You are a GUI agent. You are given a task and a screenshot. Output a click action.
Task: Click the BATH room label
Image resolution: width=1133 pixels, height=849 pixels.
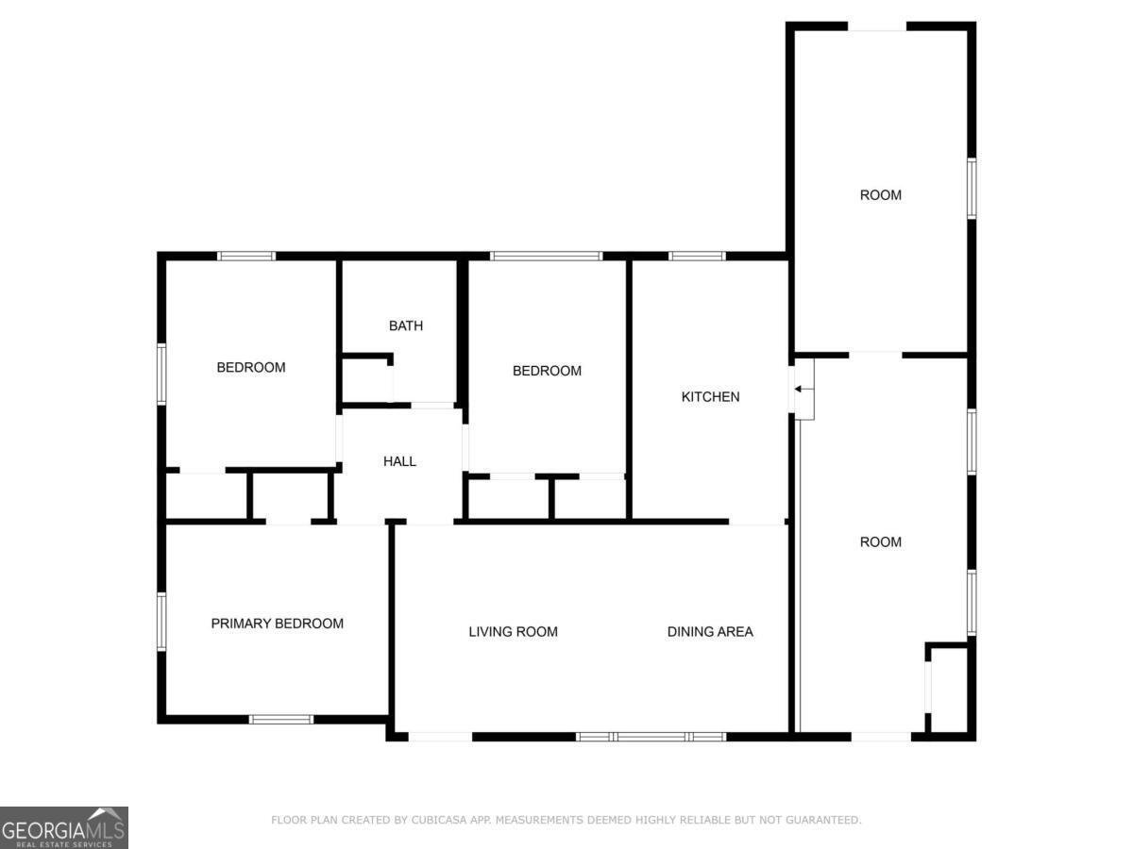click(406, 326)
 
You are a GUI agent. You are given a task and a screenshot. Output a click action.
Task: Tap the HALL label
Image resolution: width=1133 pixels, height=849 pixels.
click(399, 461)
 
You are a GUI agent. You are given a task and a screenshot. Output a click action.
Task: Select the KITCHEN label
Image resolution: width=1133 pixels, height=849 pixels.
click(710, 397)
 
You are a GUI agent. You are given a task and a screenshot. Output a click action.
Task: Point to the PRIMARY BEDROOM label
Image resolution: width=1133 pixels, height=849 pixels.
click(277, 624)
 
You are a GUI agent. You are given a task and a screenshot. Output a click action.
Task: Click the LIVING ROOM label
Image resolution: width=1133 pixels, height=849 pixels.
click(513, 632)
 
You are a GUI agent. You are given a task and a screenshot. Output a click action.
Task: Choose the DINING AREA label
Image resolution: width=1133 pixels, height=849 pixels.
click(710, 632)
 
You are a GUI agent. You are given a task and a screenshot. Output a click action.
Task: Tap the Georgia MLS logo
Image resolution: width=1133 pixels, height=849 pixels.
click(63, 827)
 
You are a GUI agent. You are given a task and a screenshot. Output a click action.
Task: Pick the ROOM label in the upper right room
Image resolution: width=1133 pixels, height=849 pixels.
click(880, 195)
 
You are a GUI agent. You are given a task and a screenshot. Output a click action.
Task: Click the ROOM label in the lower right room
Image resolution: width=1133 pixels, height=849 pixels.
click(880, 542)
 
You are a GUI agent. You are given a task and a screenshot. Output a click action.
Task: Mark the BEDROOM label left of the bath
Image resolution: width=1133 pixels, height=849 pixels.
click(251, 368)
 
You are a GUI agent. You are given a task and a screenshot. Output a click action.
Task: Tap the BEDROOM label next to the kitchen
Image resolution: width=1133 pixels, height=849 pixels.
click(547, 372)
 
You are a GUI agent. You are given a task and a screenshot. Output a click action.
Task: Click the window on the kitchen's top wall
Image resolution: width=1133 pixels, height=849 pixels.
click(697, 256)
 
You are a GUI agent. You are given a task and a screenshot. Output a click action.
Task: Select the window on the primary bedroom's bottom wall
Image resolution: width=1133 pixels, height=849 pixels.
click(280, 720)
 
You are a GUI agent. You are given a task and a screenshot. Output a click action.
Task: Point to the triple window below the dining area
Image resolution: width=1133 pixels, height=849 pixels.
click(651, 736)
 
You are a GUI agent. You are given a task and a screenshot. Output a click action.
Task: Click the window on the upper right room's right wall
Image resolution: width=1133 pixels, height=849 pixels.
click(971, 189)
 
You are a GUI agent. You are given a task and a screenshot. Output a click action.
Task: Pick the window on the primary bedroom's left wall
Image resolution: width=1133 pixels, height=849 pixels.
click(161, 621)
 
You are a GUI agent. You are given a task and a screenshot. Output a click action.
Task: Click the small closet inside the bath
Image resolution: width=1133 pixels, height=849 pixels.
click(366, 380)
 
